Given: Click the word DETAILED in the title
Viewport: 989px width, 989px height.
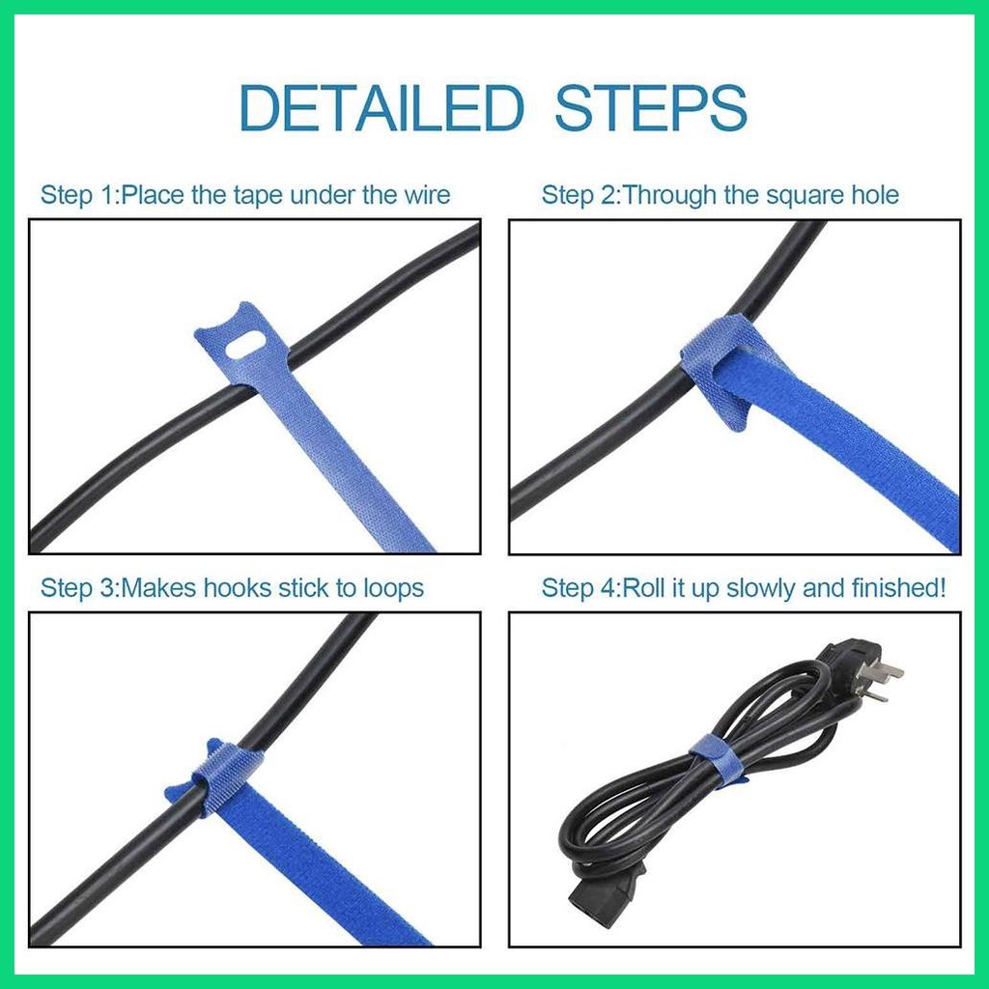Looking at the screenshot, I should pos(381,108).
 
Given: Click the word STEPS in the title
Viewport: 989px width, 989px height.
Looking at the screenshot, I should pos(651,108).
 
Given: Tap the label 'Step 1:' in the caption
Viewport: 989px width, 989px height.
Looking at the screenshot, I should pos(78,195).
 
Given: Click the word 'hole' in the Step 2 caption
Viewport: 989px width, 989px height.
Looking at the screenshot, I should pos(874,195).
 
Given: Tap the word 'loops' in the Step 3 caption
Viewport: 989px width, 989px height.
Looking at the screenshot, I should pos(392,587).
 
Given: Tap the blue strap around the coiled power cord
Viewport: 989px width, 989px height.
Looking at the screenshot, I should pos(715,759).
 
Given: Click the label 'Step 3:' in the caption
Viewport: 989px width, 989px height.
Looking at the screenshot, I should pos(78,587).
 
